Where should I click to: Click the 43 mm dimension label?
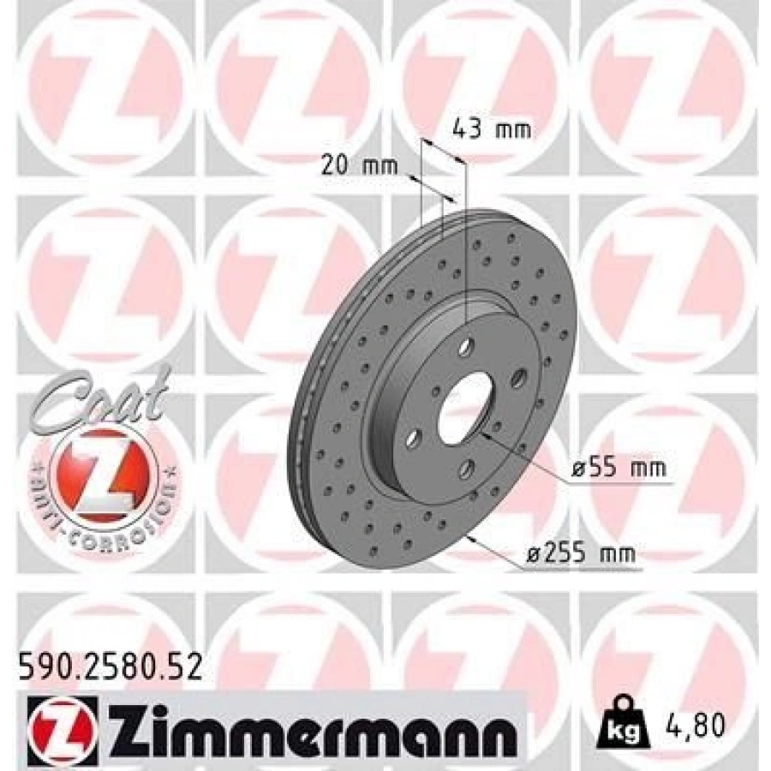(x=491, y=130)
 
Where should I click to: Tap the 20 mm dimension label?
(x=360, y=165)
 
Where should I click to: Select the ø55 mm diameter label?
(x=618, y=469)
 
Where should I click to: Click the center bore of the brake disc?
(x=466, y=409)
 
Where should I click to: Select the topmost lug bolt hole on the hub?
(x=466, y=346)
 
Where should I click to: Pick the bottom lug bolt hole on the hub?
(x=466, y=468)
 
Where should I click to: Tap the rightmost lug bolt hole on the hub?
(x=518, y=376)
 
